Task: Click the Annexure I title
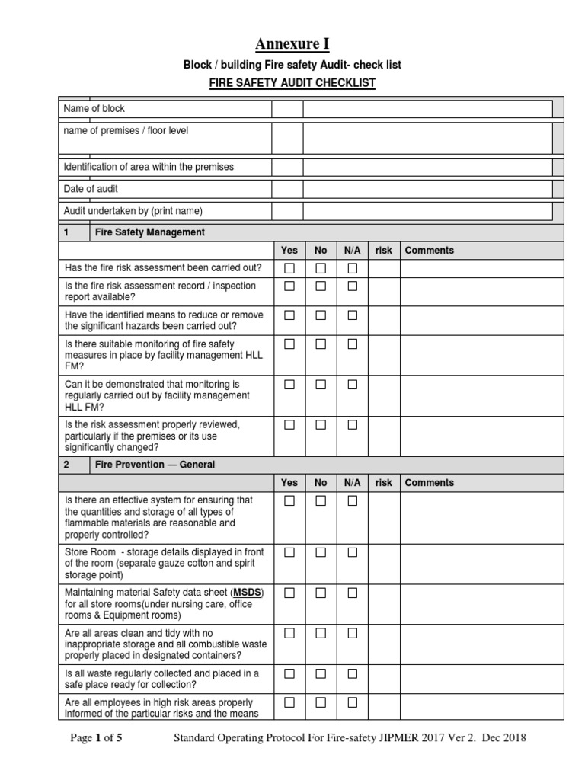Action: pyautogui.click(x=292, y=43)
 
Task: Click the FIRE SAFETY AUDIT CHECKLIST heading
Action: pyautogui.click(x=292, y=83)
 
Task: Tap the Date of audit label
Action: pyautogui.click(x=91, y=188)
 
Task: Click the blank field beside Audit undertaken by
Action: pyautogui.click(x=427, y=211)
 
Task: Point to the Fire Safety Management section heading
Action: pyautogui.click(x=149, y=232)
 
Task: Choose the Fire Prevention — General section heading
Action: pyautogui.click(x=154, y=465)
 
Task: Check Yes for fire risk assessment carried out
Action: pyautogui.click(x=289, y=268)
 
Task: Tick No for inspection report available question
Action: pyautogui.click(x=321, y=286)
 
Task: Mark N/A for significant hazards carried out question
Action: pyautogui.click(x=352, y=315)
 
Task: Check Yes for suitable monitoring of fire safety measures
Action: pyautogui.click(x=289, y=344)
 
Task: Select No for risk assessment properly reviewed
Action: pyautogui.click(x=321, y=425)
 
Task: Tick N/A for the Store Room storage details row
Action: pyautogui.click(x=352, y=551)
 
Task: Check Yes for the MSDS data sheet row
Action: pyautogui.click(x=289, y=593)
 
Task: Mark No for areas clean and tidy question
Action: pyautogui.click(x=321, y=633)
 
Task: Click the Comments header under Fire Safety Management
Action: pyautogui.click(x=429, y=251)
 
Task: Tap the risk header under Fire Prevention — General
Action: pyautogui.click(x=384, y=483)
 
